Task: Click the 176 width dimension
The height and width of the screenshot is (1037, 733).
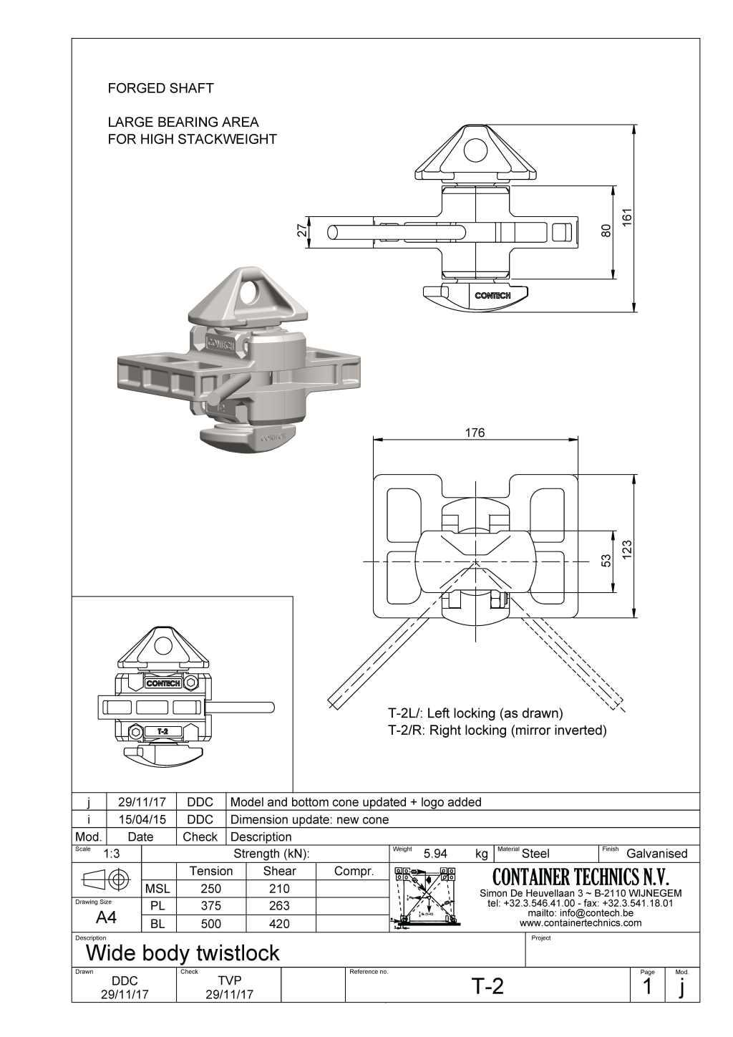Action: (475, 433)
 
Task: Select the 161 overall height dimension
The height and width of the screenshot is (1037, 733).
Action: (627, 218)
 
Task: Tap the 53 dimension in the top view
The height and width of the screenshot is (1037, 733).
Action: (606, 559)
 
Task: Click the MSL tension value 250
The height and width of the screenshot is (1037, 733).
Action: (210, 889)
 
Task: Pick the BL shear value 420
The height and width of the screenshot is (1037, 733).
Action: (279, 924)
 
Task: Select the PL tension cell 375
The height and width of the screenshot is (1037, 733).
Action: (210, 906)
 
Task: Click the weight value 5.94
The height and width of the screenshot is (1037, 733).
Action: (435, 854)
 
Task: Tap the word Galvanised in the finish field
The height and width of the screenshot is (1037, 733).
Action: (656, 854)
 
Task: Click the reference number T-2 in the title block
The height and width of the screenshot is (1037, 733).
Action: (487, 986)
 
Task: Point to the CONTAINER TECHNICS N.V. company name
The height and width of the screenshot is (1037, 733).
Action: (581, 877)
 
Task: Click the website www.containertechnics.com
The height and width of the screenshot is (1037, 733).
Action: (581, 922)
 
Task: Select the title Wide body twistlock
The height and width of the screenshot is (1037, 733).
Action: (183, 953)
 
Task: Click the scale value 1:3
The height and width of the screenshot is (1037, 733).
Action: (112, 854)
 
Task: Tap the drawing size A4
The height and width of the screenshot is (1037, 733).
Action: (106, 918)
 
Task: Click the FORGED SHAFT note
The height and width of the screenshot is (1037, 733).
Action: (160, 88)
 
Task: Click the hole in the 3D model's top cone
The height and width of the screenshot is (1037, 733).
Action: (251, 293)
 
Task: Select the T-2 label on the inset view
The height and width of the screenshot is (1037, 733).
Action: (162, 731)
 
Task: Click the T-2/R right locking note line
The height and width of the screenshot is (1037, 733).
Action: (497, 730)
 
